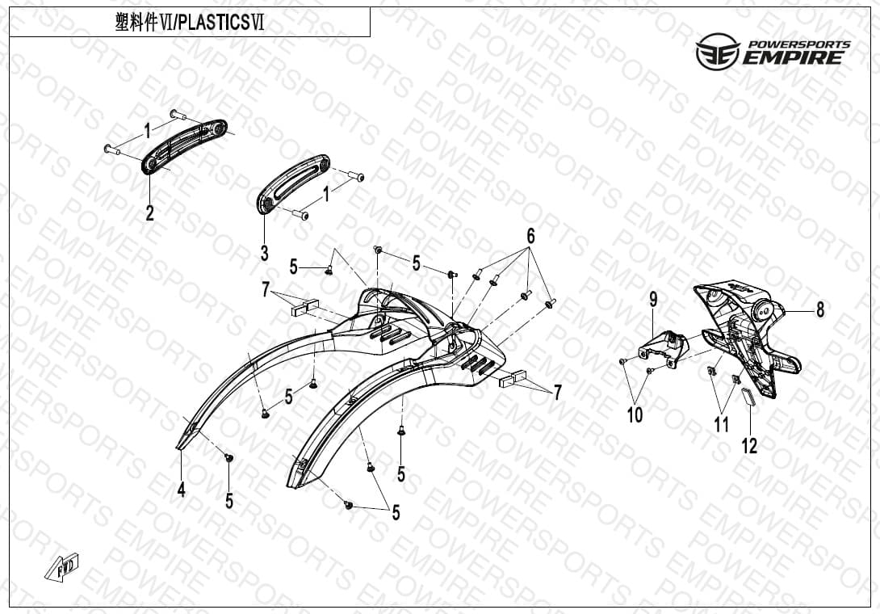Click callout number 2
click(x=149, y=213)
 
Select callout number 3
click(x=264, y=254)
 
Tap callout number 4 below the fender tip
click(x=182, y=490)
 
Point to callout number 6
click(x=530, y=236)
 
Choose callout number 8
click(x=820, y=309)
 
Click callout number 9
click(x=653, y=300)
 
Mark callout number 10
click(x=635, y=415)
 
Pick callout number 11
click(x=721, y=425)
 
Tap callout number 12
click(x=749, y=446)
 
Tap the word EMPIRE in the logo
click(x=793, y=57)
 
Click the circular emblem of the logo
click(x=718, y=52)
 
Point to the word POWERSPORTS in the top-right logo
click(x=799, y=44)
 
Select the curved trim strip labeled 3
click(x=293, y=183)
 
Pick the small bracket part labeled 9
click(x=663, y=348)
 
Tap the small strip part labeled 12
click(x=749, y=396)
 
